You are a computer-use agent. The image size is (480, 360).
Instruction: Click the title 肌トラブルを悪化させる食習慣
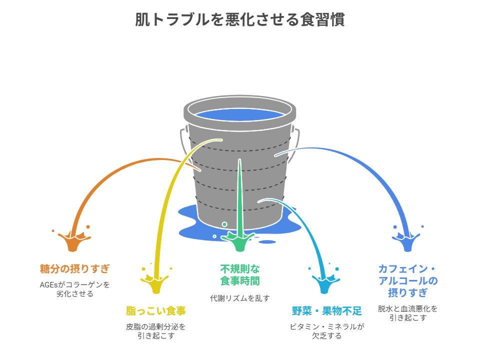coord(240,19)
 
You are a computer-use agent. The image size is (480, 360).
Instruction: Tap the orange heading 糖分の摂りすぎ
coord(74,268)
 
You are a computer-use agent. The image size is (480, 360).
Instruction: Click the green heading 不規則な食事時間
coord(240,274)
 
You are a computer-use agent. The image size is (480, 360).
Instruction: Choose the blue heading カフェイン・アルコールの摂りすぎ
coord(407,280)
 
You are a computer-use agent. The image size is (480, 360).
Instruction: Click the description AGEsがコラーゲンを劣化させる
coord(74,289)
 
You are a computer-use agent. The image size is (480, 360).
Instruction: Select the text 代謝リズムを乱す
coord(240,298)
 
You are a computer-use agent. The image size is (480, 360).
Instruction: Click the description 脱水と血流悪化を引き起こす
coord(407,313)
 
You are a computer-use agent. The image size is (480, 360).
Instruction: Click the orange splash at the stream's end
coord(72,242)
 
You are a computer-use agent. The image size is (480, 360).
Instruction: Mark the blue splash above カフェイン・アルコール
coord(408,242)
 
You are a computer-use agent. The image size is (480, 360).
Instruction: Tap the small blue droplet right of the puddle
coord(267,242)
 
